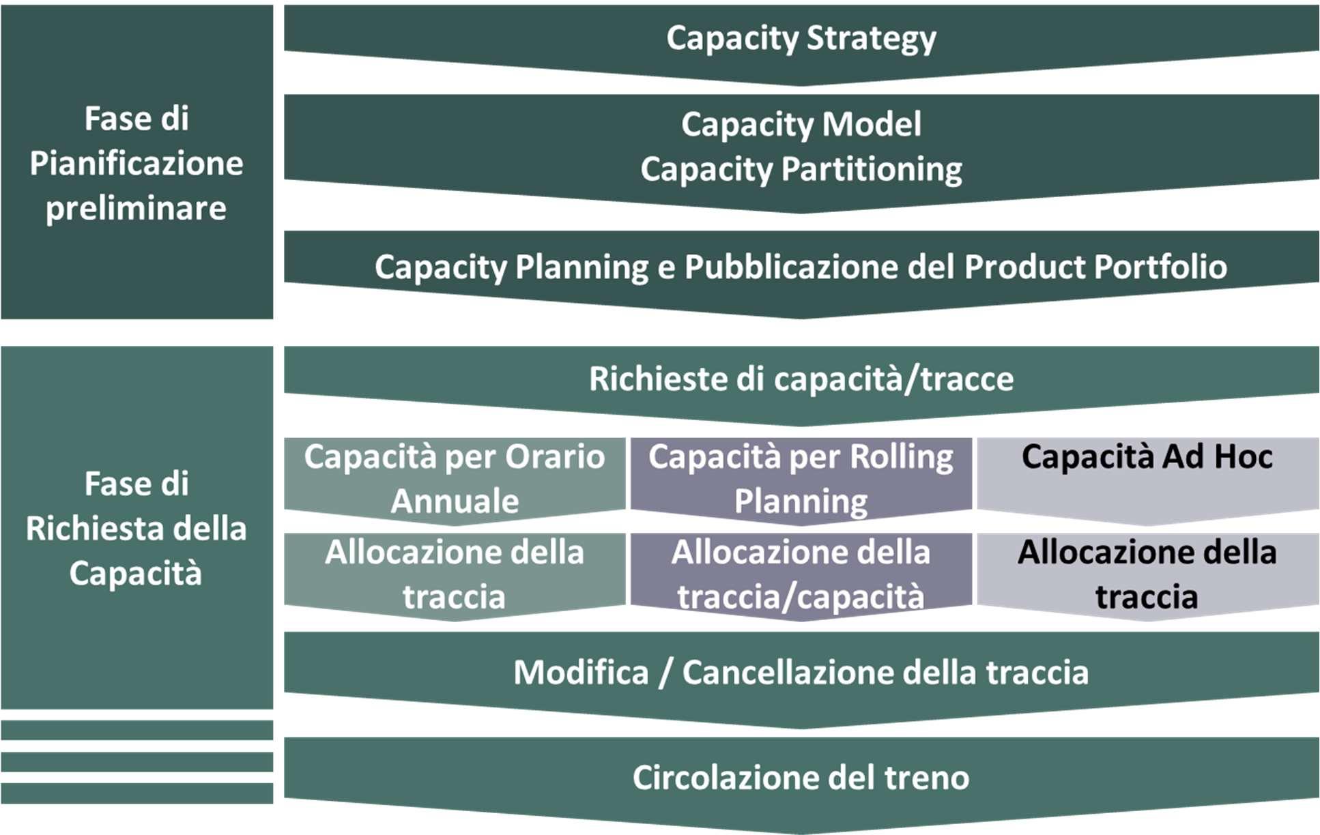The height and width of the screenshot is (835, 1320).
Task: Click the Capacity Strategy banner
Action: point(801,39)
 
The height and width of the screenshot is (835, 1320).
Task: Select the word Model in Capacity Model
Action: point(872,124)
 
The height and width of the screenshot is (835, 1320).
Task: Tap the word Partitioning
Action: point(872,169)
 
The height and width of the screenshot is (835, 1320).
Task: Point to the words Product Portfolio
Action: point(1095,267)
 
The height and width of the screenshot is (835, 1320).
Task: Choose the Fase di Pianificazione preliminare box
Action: point(137,162)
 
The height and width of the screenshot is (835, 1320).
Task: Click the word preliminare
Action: point(136,208)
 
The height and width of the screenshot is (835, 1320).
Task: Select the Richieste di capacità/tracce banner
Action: point(801,379)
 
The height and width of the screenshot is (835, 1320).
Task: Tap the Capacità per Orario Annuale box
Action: point(455,478)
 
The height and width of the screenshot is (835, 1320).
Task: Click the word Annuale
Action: point(455,501)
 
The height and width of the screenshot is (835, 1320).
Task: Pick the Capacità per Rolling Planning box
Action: point(801,478)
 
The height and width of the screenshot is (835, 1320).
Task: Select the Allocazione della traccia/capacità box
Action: point(801,574)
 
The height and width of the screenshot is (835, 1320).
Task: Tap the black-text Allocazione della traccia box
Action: point(1147,574)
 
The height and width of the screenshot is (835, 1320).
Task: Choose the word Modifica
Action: point(581,673)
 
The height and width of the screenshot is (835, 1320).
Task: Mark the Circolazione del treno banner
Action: point(801,778)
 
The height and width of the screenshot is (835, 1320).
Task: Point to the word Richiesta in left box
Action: point(86,529)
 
